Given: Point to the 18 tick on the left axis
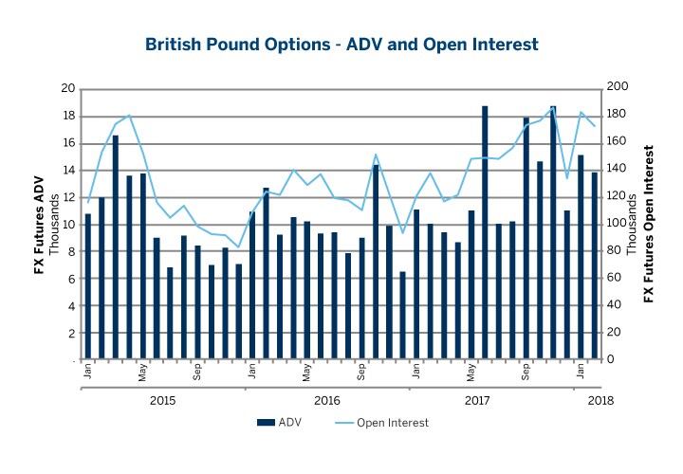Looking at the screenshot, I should click(67, 116).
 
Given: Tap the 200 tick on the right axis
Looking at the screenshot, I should click(616, 87).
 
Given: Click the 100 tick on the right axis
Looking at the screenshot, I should click(616, 224).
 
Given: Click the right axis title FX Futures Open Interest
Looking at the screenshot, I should click(650, 224).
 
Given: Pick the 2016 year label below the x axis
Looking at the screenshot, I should click(327, 400).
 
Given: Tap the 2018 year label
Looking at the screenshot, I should click(600, 400).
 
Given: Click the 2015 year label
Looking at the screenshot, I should click(163, 400).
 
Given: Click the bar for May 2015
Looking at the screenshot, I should click(143, 266).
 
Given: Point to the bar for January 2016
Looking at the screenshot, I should click(252, 285).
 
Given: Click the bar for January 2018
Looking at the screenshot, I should click(581, 257).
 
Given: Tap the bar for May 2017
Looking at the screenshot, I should click(471, 285).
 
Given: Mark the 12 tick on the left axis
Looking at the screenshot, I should click(67, 197).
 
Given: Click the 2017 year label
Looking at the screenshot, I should click(490, 400).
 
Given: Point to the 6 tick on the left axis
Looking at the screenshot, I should click(69, 279).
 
